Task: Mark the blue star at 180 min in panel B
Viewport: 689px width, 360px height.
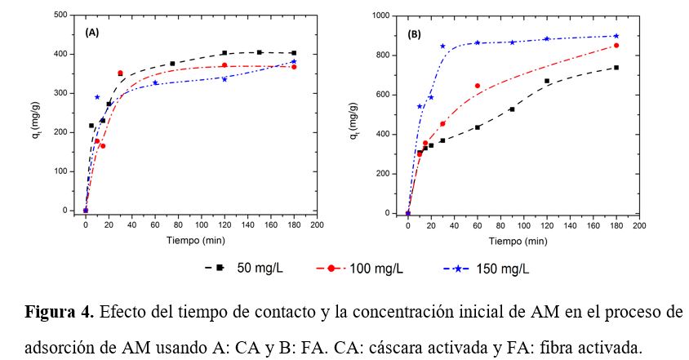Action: coord(616,36)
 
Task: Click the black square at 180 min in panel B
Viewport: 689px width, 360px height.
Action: coord(616,68)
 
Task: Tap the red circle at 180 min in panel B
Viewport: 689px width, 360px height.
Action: coord(616,46)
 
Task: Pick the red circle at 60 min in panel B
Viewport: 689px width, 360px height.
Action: coord(478,86)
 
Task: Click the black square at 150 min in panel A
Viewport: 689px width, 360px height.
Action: coord(259,52)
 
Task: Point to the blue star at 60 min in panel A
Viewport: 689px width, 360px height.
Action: coord(155,82)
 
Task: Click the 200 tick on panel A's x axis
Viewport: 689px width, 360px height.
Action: coord(317,224)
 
